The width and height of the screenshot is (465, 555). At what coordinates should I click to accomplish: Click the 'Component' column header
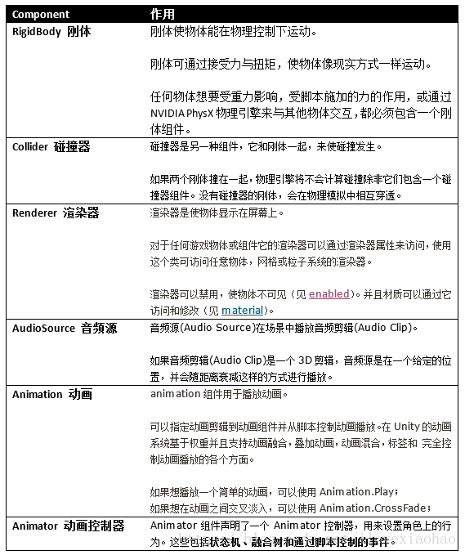41,15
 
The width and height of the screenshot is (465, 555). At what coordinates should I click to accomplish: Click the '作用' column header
163,15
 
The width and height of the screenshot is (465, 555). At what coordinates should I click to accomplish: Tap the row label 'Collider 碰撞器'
51,147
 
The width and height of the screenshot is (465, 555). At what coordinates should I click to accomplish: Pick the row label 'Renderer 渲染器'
55,213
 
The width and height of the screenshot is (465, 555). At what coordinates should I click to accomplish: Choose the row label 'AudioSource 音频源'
64,328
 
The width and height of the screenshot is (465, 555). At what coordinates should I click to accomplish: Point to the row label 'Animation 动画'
51,394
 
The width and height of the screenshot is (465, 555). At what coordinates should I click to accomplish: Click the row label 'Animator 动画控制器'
68,526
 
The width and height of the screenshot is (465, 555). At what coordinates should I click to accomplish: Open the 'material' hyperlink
243,310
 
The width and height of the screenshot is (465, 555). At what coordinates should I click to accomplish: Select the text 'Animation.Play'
355,492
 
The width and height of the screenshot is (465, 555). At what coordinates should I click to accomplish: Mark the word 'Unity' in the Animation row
406,426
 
